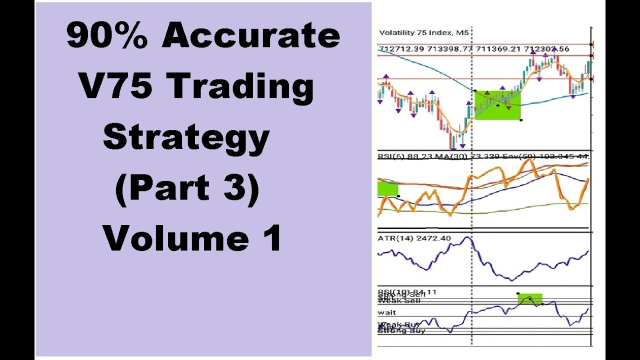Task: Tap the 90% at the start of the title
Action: [106, 36]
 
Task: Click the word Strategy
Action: [186, 138]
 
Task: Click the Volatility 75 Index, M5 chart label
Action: [424, 33]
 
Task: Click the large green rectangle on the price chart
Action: [497, 105]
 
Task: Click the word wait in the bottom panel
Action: [387, 312]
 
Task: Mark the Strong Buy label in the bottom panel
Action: [401, 330]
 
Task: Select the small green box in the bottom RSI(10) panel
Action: [530, 298]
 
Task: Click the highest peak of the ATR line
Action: [469, 238]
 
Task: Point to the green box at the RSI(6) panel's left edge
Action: [387, 188]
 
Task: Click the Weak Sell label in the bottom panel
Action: [399, 300]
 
